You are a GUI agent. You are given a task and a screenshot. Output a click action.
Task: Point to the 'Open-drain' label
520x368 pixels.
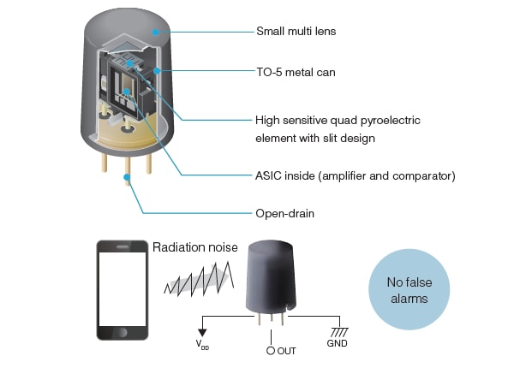coord(284,212)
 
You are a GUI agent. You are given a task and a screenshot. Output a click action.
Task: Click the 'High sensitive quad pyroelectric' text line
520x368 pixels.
coord(339,120)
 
